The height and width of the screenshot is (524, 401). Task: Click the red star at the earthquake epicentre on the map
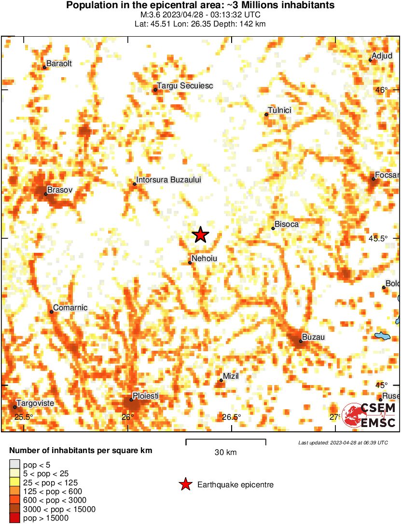[x=201, y=234]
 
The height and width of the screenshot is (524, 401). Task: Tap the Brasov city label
[x=60, y=191]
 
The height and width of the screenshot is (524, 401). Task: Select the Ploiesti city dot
[x=131, y=400]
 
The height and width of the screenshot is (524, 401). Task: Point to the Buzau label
[x=313, y=337]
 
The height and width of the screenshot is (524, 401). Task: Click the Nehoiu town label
[x=204, y=259]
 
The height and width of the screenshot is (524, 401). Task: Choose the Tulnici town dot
[x=266, y=114]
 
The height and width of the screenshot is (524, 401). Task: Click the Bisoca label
[x=287, y=224]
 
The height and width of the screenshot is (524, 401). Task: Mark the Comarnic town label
[x=70, y=308]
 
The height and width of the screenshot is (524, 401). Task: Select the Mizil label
[x=231, y=376]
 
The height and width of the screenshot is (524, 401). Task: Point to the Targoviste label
[x=35, y=403]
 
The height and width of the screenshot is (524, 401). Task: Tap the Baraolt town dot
[x=44, y=67]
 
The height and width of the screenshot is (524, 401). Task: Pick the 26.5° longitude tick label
[x=232, y=417]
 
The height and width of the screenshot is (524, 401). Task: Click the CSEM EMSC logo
[x=369, y=415]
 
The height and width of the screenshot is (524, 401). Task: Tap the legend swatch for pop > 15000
[x=15, y=518]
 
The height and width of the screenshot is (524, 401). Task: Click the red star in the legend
[x=185, y=484]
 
